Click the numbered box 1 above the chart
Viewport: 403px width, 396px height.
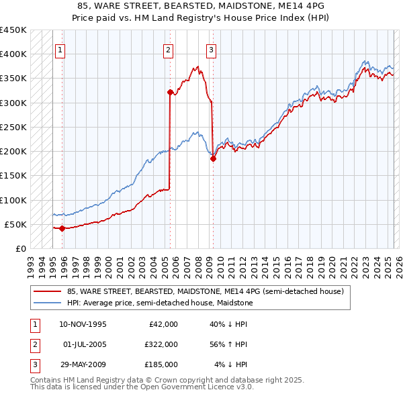tap(60, 49)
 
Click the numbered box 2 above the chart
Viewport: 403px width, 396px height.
tap(168, 49)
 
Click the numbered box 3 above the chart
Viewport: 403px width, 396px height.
tap(211, 49)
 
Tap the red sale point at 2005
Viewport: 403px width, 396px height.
tap(170, 92)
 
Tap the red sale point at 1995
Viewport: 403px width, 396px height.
tap(62, 228)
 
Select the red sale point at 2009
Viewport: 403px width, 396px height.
tap(213, 159)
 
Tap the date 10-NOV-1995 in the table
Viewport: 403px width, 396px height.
tap(83, 324)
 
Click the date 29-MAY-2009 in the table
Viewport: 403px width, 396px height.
tap(83, 364)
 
